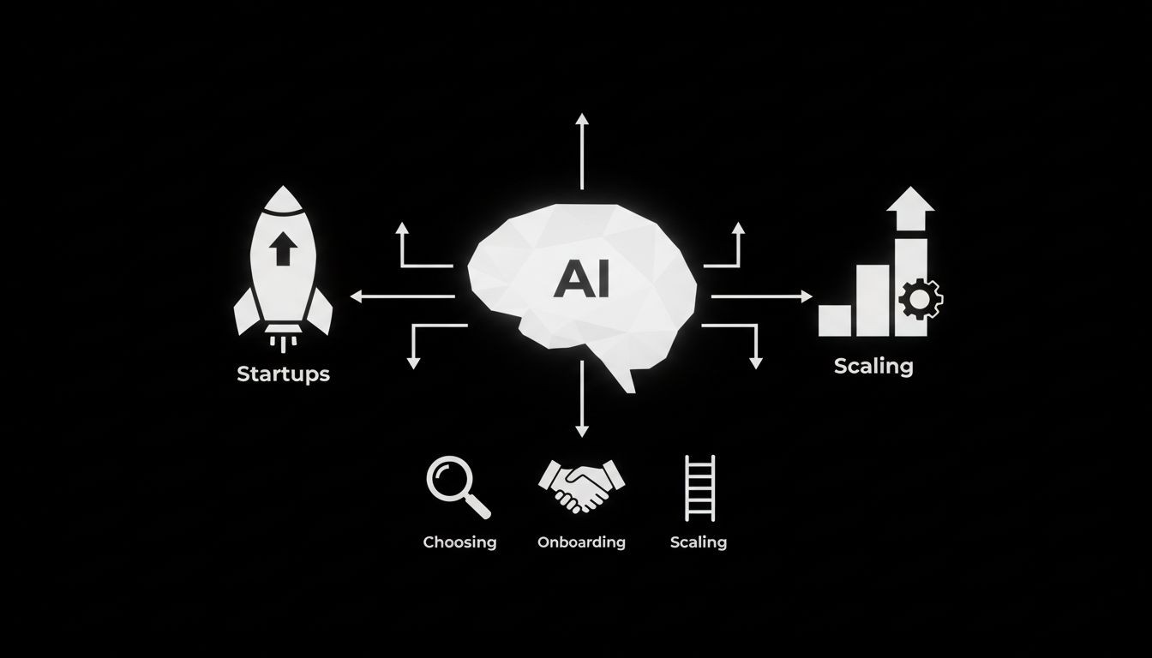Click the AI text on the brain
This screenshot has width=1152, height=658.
click(x=581, y=278)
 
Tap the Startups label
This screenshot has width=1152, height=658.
click(x=283, y=374)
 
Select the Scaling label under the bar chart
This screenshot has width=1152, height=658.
click(x=873, y=367)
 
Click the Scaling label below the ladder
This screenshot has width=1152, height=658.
click(x=699, y=542)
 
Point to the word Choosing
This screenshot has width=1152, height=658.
click(x=459, y=542)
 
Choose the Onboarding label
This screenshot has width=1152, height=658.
click(x=581, y=542)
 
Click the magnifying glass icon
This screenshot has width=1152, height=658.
click(x=457, y=486)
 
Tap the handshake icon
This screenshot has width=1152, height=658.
click(x=581, y=486)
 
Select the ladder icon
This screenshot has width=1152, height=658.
click(x=699, y=488)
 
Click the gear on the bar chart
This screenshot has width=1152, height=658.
click(x=921, y=299)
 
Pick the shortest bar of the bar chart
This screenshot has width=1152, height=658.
click(x=835, y=320)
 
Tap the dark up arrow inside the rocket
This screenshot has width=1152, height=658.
click(x=282, y=249)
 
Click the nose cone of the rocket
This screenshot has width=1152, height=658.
click(x=282, y=202)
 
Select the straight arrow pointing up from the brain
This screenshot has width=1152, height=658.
click(x=582, y=151)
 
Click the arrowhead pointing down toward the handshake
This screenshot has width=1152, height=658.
click(x=582, y=431)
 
